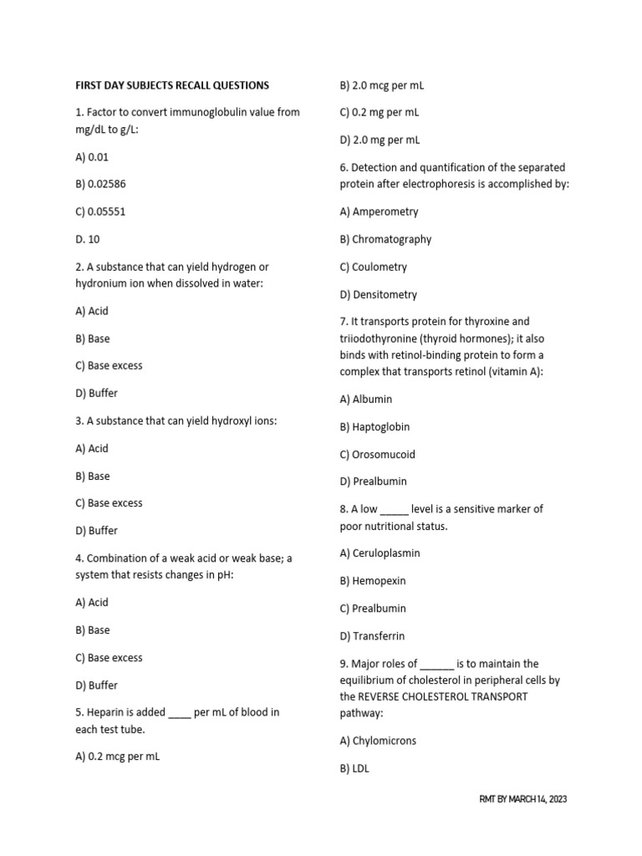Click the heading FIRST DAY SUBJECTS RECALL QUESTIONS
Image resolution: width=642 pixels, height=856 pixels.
pos(172,85)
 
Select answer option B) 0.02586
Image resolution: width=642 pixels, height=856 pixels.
pos(101,184)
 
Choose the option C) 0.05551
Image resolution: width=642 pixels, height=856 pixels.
pos(101,211)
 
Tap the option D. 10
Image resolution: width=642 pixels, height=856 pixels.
pos(88,239)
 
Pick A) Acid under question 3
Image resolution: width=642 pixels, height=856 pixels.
pos(92,448)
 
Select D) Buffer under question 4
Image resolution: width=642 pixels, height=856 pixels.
pos(97,685)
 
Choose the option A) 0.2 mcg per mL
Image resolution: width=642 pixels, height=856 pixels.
pos(118,757)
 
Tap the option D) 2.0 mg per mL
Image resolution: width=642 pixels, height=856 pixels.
pos(380,140)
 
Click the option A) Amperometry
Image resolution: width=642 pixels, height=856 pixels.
pos(380,211)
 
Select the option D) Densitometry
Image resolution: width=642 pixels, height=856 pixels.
pos(379,294)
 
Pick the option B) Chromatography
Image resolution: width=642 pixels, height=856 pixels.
pos(386,239)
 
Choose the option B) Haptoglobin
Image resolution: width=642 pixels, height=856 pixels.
pos(374,427)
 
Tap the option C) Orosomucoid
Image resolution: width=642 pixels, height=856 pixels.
pos(378,455)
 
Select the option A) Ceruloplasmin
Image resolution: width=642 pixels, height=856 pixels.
pos(380,553)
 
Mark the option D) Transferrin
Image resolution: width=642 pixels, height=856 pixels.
pos(372,636)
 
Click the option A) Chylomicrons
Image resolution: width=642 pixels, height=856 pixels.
pos(378,741)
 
